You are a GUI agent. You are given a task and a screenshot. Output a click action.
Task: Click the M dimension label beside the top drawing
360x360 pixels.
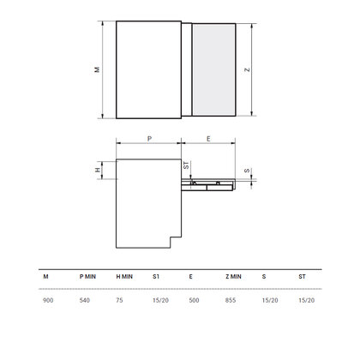point(98,69)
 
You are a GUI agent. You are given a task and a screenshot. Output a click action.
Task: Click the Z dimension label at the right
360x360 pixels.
point(247,69)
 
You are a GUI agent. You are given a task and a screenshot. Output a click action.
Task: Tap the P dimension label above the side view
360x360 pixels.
point(149,139)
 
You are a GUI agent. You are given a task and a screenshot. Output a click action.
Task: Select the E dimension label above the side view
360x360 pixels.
point(208,139)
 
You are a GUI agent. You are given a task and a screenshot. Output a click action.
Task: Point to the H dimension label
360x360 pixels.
point(98,170)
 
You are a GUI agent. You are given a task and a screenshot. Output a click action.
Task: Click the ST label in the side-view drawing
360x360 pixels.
point(186,165)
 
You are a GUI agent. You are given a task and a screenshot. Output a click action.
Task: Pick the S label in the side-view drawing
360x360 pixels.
point(247,171)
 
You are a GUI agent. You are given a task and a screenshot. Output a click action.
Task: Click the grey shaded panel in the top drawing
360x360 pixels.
point(214,69)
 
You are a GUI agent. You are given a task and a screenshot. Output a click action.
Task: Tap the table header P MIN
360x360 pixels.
point(87,277)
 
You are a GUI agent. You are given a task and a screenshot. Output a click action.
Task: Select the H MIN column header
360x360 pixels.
point(124,277)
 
